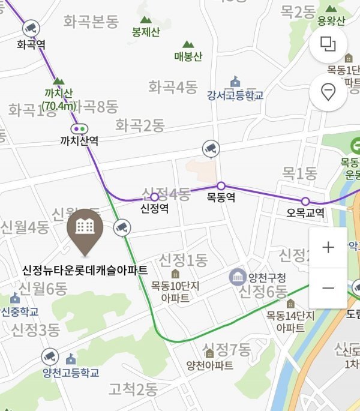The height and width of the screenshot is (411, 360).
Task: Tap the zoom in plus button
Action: pos(328,247)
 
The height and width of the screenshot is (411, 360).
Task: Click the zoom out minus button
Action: pos(328,288)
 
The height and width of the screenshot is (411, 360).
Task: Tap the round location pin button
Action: pos(328,92)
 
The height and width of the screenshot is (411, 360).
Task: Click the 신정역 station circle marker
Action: pos(155,197)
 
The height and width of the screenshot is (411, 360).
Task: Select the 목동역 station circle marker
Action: pos(221,185)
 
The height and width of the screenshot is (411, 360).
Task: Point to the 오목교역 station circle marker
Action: pos(305,201)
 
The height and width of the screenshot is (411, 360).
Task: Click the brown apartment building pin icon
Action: pos(85,227)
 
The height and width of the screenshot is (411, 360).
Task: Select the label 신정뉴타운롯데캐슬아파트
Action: pos(85,269)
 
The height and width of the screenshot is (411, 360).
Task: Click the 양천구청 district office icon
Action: pos(236,277)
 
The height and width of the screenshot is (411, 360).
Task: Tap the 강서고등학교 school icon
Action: pos(235,82)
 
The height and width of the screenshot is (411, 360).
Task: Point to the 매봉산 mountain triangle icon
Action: pos(188,44)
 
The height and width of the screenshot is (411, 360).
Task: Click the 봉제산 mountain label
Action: pos(146,32)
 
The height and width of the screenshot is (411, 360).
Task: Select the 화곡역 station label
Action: pos(31,44)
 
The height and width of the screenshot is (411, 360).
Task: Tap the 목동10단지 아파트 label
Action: pos(175,292)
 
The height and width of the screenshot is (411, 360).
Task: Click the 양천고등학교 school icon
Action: pos(71,359)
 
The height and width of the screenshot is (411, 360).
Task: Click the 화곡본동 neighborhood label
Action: pos(91,23)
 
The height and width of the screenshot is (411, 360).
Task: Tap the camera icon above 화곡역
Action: pos(31,28)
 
